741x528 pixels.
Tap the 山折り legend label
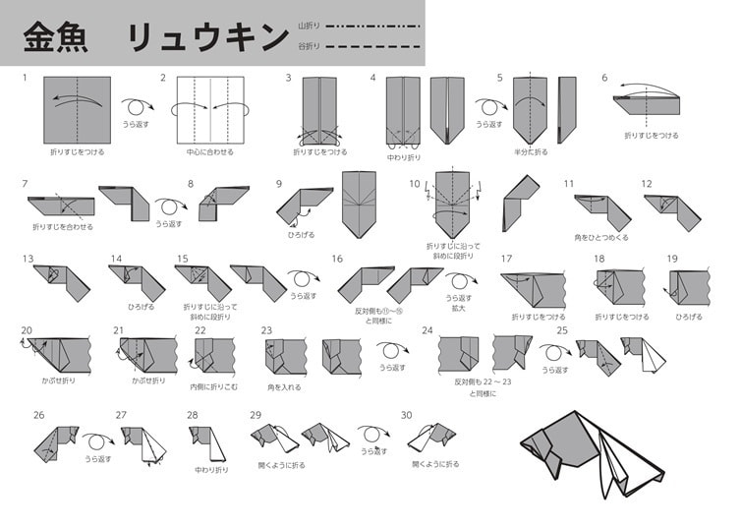[309, 26]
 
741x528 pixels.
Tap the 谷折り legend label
[309, 45]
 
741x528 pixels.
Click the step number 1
[25, 78]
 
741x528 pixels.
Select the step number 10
[415, 184]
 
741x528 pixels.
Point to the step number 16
[336, 260]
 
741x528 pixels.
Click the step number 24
[427, 330]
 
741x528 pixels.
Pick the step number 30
[406, 415]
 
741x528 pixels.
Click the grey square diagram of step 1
[78, 109]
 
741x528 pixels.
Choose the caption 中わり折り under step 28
[211, 469]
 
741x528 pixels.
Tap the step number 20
[27, 330]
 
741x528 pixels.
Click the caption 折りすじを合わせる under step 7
[63, 227]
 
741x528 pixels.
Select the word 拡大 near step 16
[459, 308]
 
